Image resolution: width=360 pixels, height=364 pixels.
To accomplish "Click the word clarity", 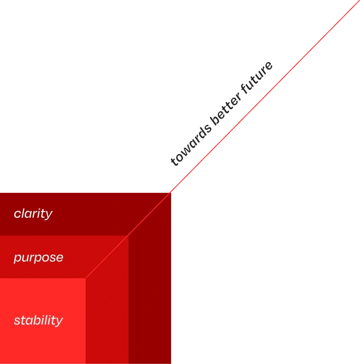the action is pos(33,214).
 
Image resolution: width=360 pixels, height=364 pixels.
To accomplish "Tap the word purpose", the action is pos(38,258).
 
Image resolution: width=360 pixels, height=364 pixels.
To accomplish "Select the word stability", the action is pos(38,320).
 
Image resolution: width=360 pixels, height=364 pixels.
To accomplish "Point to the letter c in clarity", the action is pos(17,214).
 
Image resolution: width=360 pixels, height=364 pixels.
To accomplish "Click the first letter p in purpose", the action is pos(17,258).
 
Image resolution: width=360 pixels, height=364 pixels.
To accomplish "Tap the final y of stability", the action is pos(60,322).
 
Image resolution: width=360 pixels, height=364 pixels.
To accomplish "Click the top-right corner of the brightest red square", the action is pos(85,278).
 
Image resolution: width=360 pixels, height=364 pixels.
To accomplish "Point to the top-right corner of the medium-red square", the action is pos(128,236).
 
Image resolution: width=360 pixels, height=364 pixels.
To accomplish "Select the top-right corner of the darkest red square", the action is pos(171,192).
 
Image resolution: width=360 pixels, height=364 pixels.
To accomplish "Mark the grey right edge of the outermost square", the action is pos(172,297).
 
